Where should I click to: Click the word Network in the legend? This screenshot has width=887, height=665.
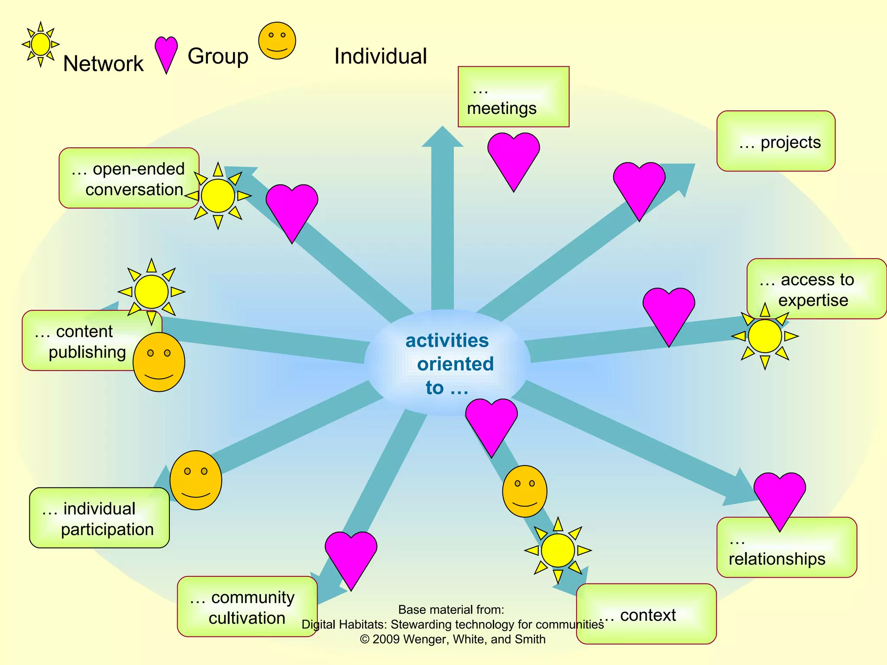[103, 64]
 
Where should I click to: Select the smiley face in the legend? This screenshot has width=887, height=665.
[277, 41]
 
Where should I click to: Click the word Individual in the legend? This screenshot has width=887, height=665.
[380, 56]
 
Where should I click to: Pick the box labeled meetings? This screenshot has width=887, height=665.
[513, 97]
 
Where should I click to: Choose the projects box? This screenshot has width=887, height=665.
[776, 141]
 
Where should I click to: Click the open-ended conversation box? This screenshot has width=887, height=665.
[129, 178]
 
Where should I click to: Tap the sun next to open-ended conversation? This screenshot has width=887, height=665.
[218, 196]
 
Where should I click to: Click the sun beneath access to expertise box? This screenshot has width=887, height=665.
[765, 336]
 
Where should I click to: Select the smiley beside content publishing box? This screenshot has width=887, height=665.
[159, 362]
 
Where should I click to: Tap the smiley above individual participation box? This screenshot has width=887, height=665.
[196, 480]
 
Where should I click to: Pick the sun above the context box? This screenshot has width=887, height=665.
[558, 550]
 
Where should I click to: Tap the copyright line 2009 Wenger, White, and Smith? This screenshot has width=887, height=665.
[453, 639]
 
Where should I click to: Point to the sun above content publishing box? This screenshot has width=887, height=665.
[151, 292]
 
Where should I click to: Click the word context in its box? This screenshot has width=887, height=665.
[648, 615]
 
